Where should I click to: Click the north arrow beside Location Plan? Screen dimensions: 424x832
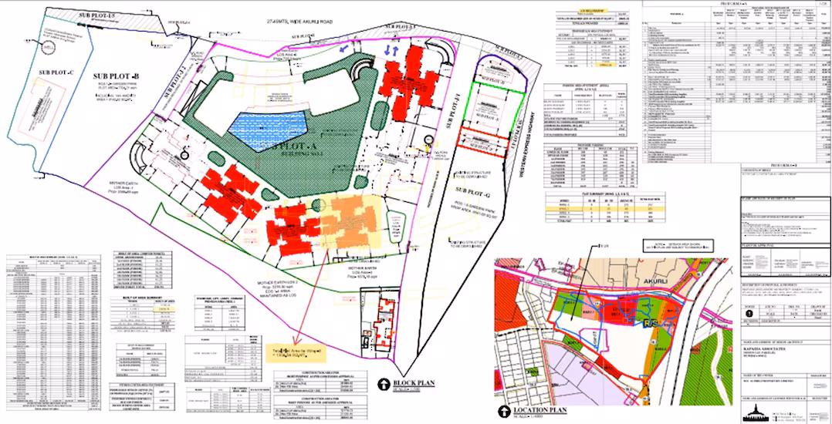tap(507, 411)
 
